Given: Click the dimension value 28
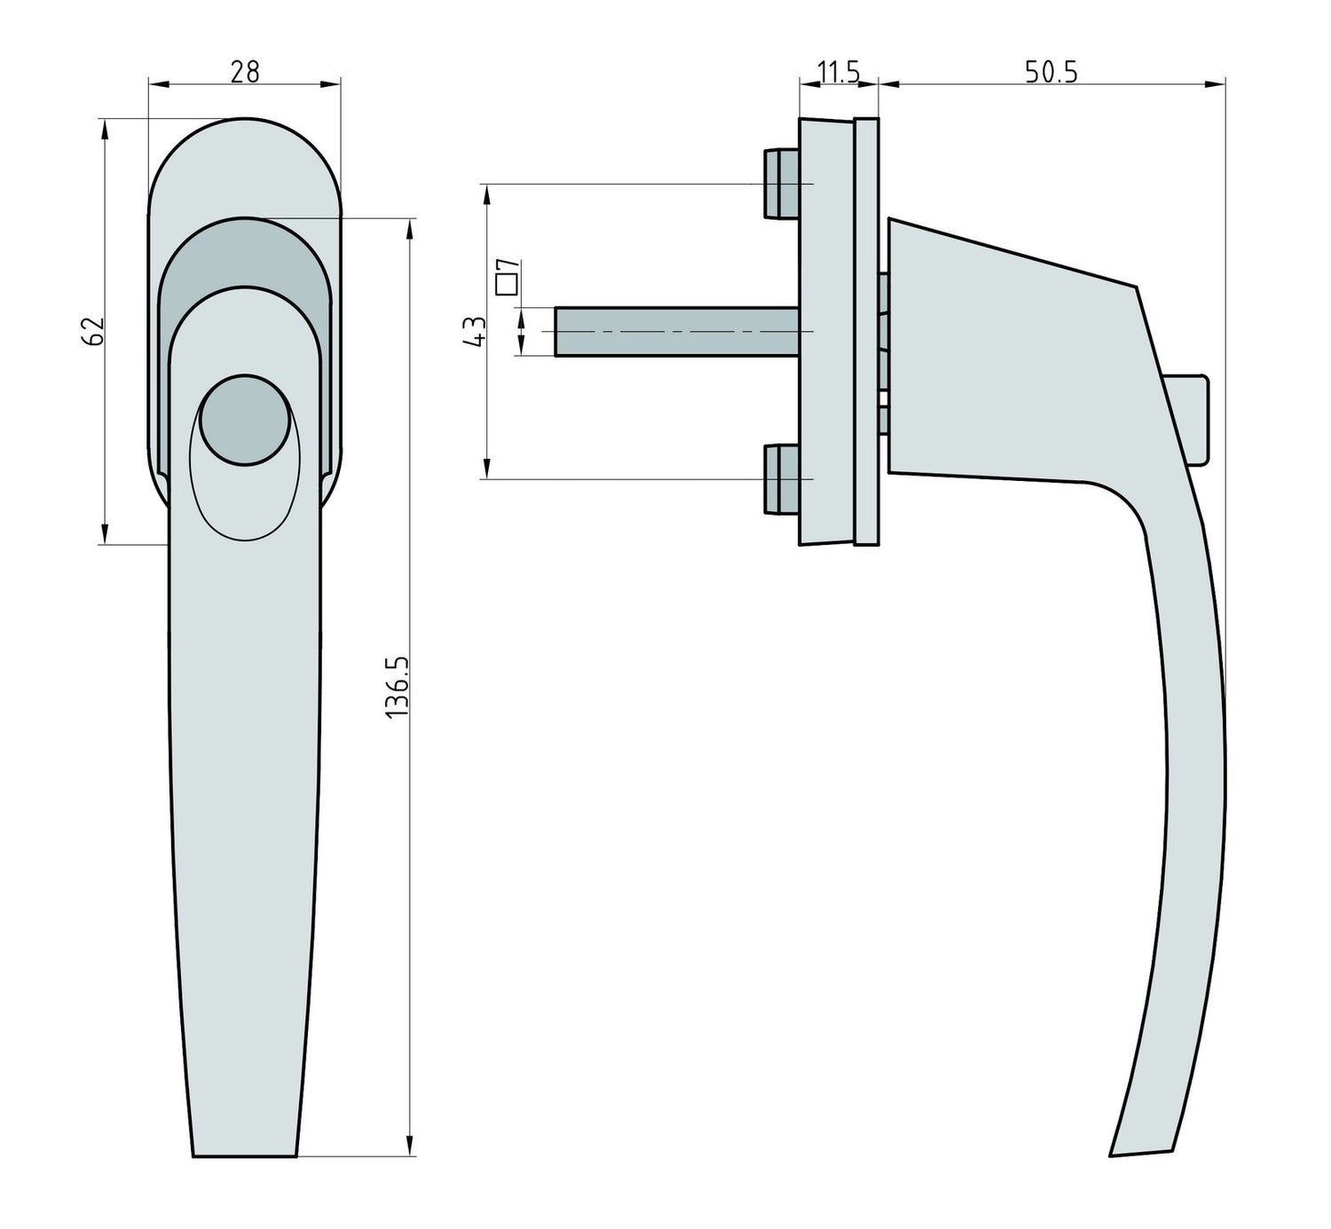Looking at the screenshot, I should (x=245, y=71).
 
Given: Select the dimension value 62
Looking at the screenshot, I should (x=95, y=330).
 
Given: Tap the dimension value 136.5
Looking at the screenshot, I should (x=396, y=687).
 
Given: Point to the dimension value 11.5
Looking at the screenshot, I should (x=838, y=72).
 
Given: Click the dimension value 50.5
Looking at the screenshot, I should (x=1051, y=72).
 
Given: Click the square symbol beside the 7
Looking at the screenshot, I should (x=507, y=284).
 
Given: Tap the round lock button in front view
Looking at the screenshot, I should (x=244, y=420).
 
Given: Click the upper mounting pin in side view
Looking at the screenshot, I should (x=781, y=184).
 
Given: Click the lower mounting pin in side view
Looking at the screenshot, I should (x=781, y=479).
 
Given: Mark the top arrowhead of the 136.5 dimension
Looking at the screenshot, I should (x=410, y=228).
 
